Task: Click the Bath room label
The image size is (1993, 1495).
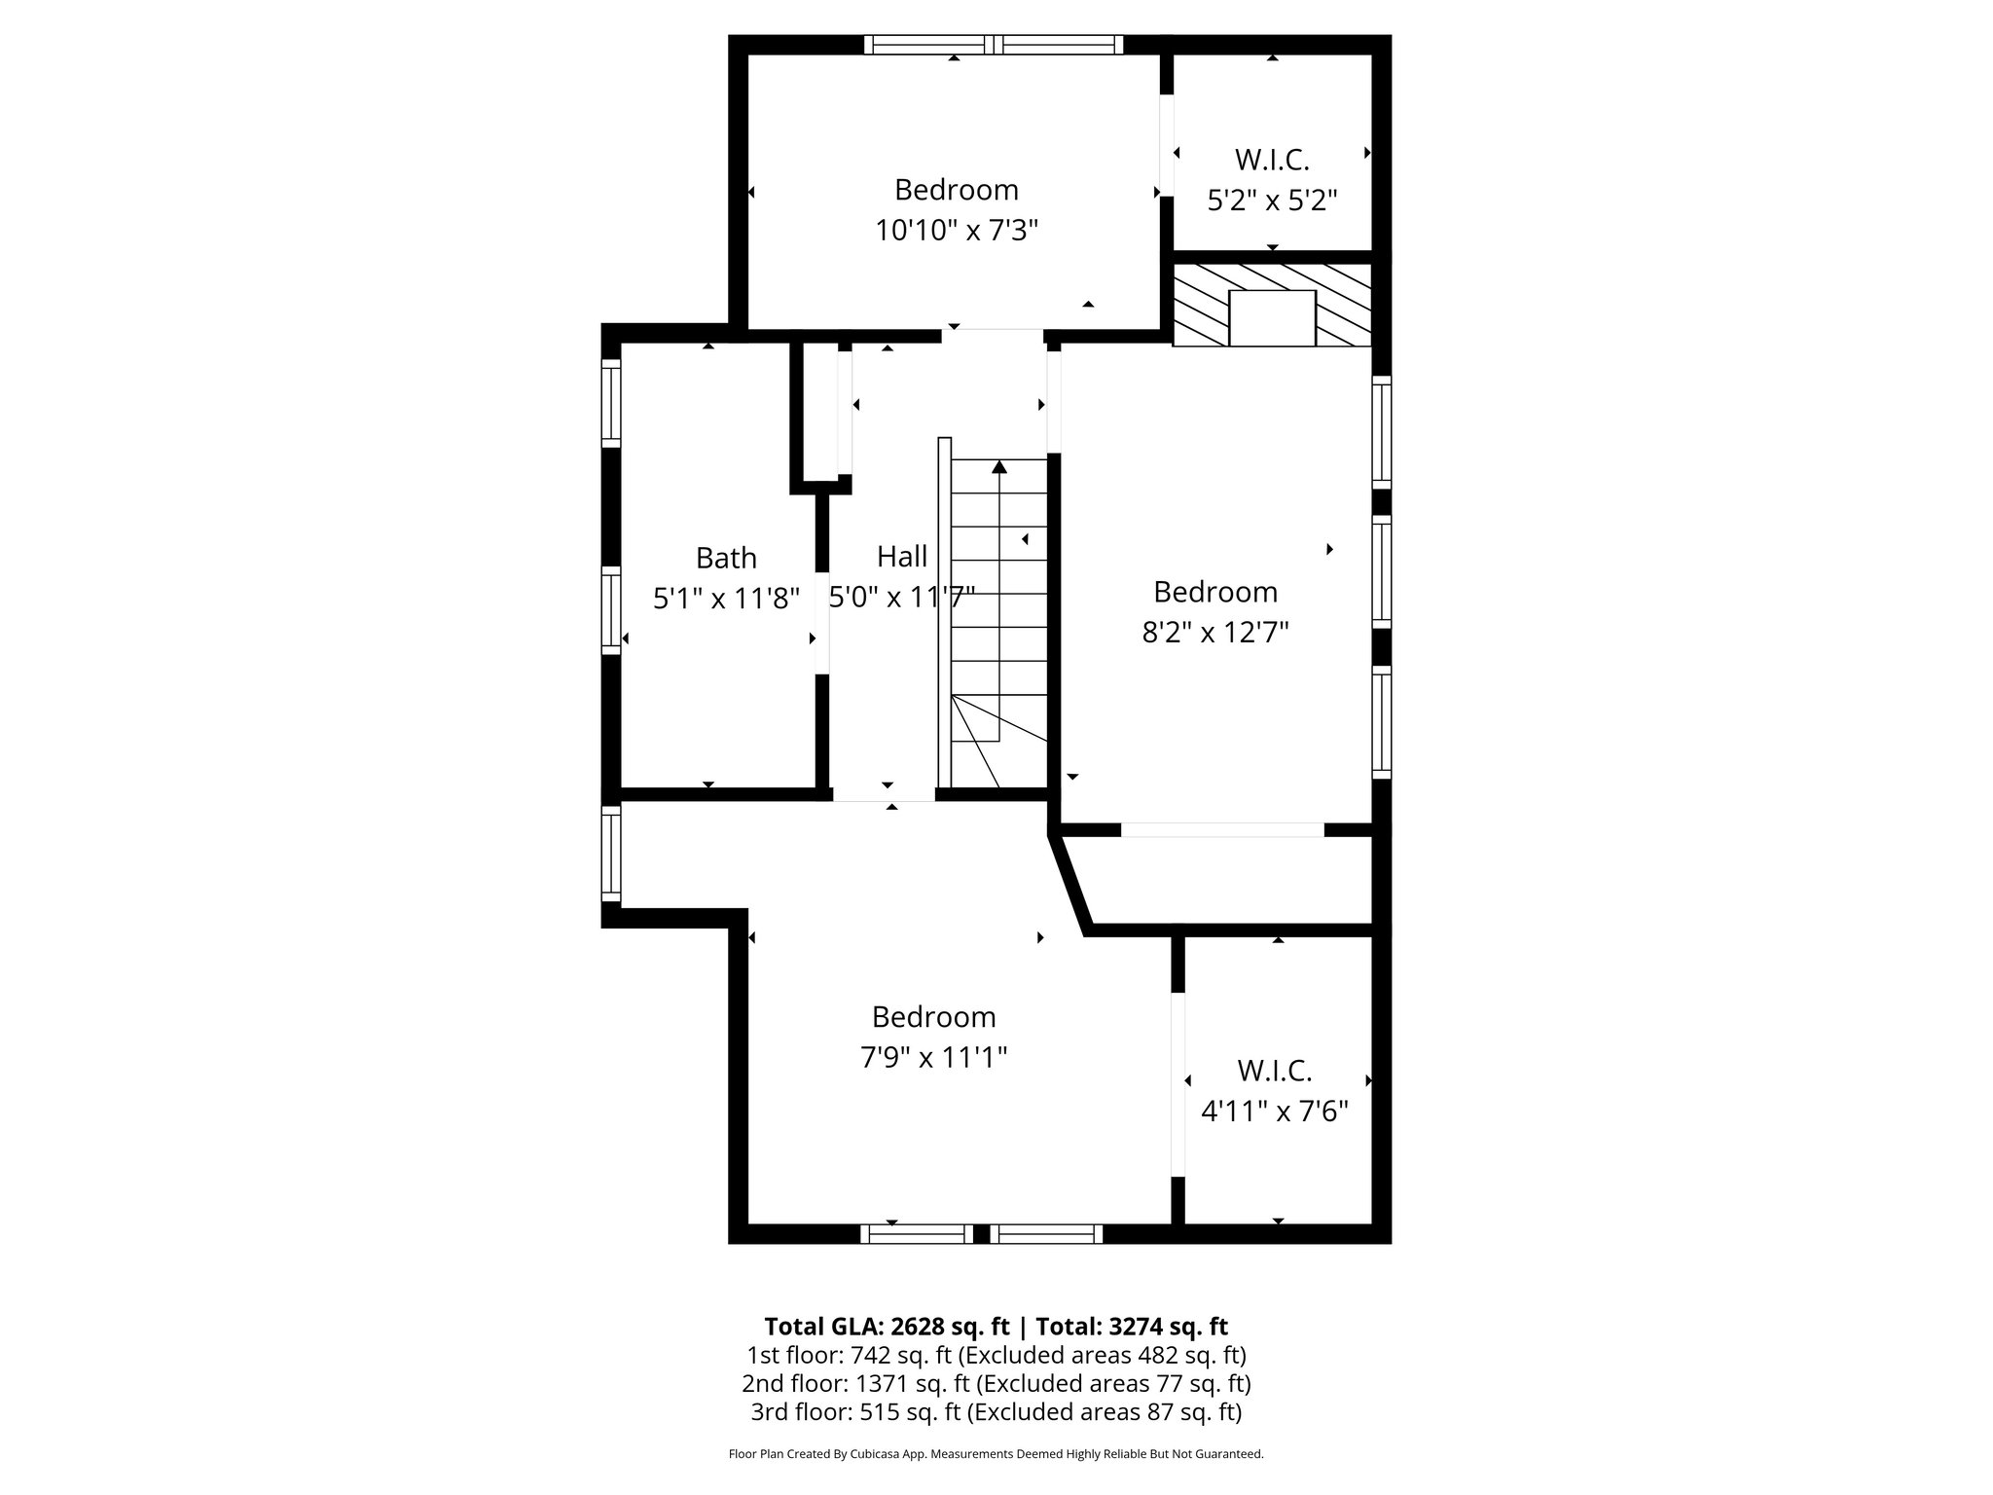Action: point(726,558)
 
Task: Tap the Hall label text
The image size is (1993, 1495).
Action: point(901,557)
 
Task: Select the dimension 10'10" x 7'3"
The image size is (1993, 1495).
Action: point(957,231)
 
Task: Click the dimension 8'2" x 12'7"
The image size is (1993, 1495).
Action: point(1214,633)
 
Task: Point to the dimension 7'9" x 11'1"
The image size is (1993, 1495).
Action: point(933,1057)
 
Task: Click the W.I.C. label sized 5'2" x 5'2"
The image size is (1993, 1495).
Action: point(1272,160)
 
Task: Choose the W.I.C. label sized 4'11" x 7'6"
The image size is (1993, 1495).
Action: point(1274,1071)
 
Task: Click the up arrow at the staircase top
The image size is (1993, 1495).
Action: point(998,468)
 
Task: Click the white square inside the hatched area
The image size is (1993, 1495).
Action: point(1272,317)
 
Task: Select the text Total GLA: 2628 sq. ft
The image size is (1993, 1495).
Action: point(887,1327)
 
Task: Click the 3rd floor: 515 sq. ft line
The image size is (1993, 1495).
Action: point(996,1411)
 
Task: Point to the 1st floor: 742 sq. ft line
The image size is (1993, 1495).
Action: point(996,1355)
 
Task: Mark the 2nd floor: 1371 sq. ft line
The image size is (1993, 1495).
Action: point(996,1383)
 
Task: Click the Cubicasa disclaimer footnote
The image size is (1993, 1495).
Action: point(996,1454)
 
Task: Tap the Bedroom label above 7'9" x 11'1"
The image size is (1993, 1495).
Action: point(933,1016)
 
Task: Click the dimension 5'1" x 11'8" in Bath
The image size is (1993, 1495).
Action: point(726,599)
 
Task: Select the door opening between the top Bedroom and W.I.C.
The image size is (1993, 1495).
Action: point(1166,146)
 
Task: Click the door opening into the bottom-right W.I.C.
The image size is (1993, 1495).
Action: point(1178,1084)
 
